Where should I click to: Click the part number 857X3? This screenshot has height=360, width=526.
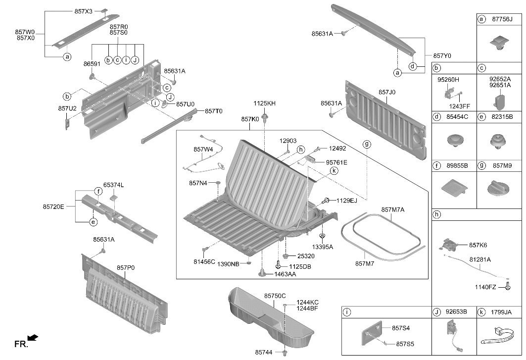coord(83,11)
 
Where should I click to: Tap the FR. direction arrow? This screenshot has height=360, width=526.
coord(33,338)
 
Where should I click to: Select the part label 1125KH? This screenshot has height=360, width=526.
coord(264,103)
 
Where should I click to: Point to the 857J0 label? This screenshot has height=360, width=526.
coord(387,92)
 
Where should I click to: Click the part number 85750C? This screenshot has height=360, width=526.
coord(275,296)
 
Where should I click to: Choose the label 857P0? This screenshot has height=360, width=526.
coord(126,268)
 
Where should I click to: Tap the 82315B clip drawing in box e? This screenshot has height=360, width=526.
coord(499,142)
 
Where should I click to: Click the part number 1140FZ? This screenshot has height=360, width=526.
coord(485,287)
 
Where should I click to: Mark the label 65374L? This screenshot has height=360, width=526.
coord(113,185)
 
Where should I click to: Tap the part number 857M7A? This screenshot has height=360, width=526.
coord(393,210)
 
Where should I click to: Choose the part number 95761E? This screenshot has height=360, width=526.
coord(336,162)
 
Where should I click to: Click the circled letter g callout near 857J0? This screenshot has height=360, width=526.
coord(367,145)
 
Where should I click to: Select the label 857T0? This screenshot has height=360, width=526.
coord(213,111)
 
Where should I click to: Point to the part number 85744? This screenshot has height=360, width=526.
coord(264,352)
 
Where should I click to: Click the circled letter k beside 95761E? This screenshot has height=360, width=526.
coord(334,171)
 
